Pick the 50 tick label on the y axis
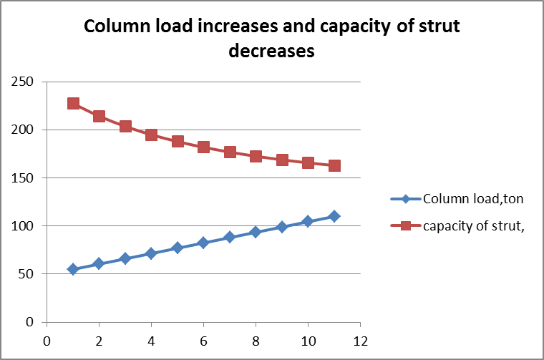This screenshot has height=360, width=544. [27, 274]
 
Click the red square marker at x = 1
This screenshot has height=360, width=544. [73, 103]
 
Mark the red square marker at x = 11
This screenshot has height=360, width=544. [334, 165]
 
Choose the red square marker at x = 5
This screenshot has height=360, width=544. [178, 141]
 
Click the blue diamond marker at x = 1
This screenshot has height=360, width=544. [73, 269]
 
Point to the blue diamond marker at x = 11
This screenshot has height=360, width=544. [334, 216]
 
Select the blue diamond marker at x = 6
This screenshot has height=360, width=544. [203, 243]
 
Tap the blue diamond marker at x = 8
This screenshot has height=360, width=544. [256, 232]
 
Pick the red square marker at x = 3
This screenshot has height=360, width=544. [125, 126]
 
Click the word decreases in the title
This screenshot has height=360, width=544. [272, 52]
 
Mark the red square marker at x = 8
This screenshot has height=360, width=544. [256, 156]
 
